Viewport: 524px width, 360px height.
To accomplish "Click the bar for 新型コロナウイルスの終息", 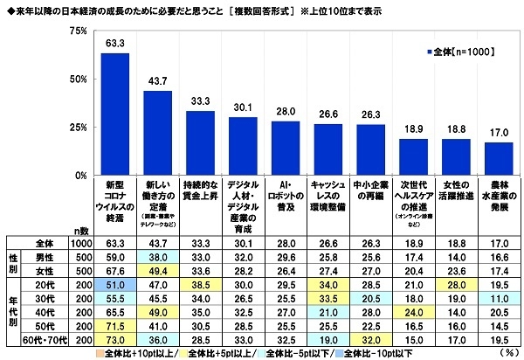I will (x=115, y=114).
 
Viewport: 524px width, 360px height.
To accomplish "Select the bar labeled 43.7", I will (x=157, y=134).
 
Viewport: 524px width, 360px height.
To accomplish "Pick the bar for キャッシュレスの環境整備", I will (x=328, y=149).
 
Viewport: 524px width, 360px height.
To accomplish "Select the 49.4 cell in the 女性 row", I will (x=157, y=270).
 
